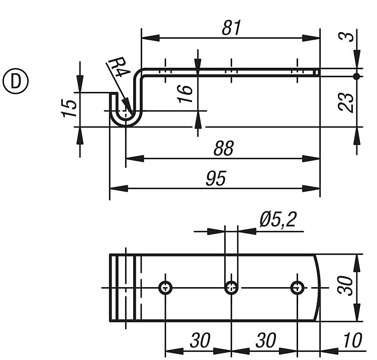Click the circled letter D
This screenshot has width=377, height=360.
[x=16, y=81]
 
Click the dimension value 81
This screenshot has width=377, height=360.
[x=232, y=28]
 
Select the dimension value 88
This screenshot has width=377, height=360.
[x=223, y=149]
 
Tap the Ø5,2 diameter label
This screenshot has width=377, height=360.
[x=277, y=219]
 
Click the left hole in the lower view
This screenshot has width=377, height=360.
[x=165, y=288]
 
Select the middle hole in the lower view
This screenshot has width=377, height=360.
[x=231, y=288]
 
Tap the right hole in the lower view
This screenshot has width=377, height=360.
[x=298, y=288]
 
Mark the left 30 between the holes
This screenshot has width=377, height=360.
[x=200, y=341]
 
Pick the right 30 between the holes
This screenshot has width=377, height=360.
[x=265, y=341]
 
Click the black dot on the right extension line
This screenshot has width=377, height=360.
[x=356, y=76]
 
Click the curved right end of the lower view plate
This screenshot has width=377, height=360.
[x=318, y=287]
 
